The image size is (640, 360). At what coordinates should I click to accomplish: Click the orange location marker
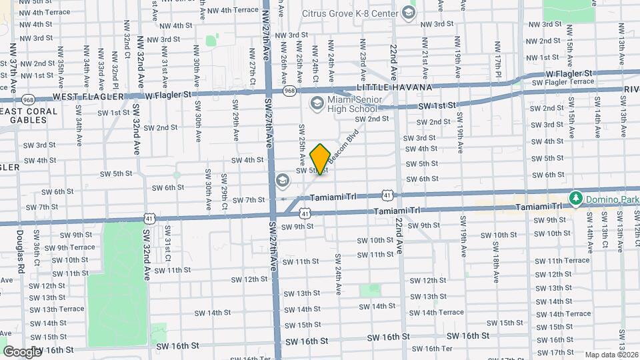click(x=320, y=159)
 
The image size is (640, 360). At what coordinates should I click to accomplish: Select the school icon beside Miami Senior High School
click(x=316, y=102)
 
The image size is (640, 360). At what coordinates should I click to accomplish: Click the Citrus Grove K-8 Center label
click(x=339, y=13)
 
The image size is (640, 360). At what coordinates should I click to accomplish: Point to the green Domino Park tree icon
click(x=574, y=198)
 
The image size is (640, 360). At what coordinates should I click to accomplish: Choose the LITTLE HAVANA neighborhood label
click(x=395, y=87)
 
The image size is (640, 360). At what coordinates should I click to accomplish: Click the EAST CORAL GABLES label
click(x=23, y=115)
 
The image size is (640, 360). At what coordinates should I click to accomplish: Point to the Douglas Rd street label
click(x=21, y=246)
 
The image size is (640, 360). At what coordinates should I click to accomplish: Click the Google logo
click(x=21, y=351)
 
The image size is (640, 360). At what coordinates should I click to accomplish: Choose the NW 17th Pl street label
click(x=497, y=59)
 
